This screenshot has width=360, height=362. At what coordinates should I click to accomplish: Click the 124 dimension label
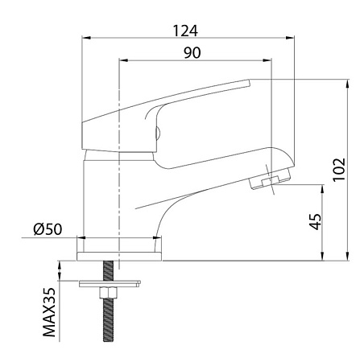click(x=185, y=31)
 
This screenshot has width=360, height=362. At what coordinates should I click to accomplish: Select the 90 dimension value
click(x=192, y=53)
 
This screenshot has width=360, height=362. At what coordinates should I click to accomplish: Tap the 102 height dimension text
click(x=339, y=170)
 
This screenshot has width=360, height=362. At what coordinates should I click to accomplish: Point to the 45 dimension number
click(x=315, y=221)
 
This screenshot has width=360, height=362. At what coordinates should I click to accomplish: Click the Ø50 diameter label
click(x=48, y=229)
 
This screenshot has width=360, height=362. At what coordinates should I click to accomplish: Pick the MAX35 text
click(x=49, y=312)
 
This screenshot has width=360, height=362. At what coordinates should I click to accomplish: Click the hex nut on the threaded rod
click(x=108, y=293)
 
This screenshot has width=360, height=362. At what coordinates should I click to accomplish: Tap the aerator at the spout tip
click(x=270, y=179)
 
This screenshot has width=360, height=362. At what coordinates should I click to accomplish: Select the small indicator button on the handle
click(x=158, y=133)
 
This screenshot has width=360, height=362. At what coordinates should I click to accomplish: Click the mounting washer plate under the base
click(x=110, y=284)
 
